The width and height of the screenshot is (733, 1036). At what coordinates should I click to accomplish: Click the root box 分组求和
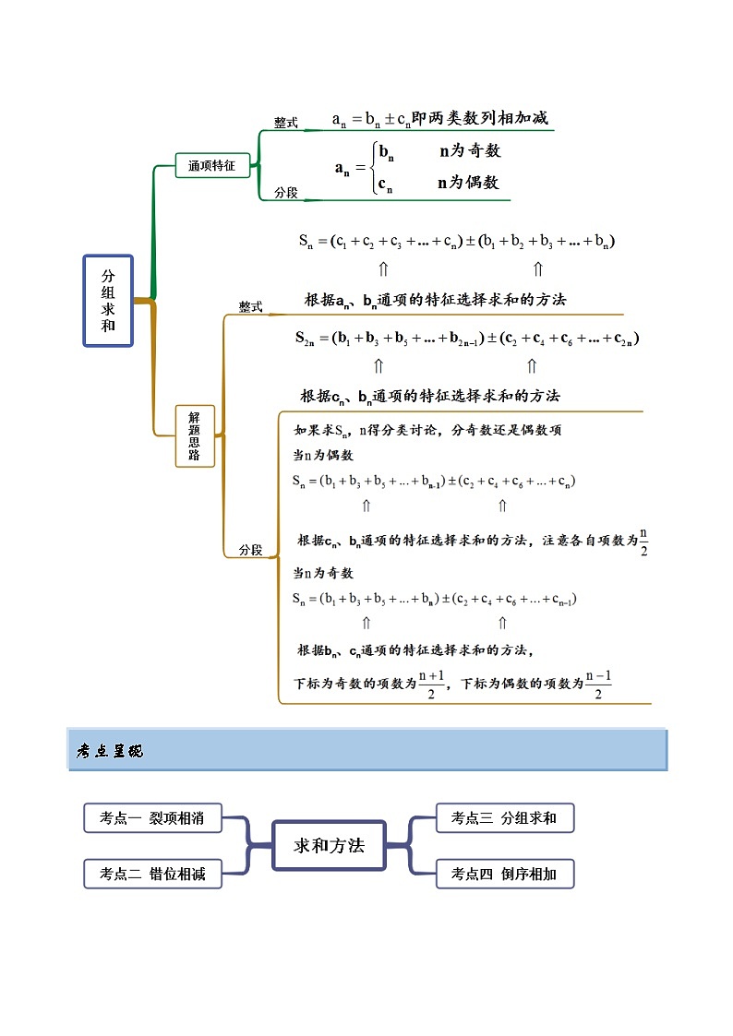click(108, 301)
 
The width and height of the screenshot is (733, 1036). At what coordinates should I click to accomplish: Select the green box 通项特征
click(212, 166)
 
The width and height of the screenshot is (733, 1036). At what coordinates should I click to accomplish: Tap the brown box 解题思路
click(195, 435)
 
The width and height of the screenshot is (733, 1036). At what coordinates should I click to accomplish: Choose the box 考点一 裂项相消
click(152, 817)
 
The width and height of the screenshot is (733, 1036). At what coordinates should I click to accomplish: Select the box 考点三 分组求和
click(504, 817)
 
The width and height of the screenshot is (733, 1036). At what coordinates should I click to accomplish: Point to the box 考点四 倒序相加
click(504, 874)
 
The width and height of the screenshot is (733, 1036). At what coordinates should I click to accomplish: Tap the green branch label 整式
click(286, 123)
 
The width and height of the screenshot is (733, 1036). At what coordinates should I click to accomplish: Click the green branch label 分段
click(286, 193)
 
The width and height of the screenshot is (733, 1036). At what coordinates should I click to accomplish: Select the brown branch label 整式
click(251, 307)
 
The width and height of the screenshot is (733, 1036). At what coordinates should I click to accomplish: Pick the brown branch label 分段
click(251, 550)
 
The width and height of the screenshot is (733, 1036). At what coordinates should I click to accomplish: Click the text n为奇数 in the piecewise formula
click(470, 151)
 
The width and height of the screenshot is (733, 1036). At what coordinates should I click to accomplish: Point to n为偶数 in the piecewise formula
click(468, 183)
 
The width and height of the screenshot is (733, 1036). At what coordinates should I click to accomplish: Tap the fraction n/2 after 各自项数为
click(643, 542)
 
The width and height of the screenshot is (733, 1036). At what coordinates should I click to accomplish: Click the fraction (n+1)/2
click(431, 685)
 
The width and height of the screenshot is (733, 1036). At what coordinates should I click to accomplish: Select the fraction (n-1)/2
click(598, 685)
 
